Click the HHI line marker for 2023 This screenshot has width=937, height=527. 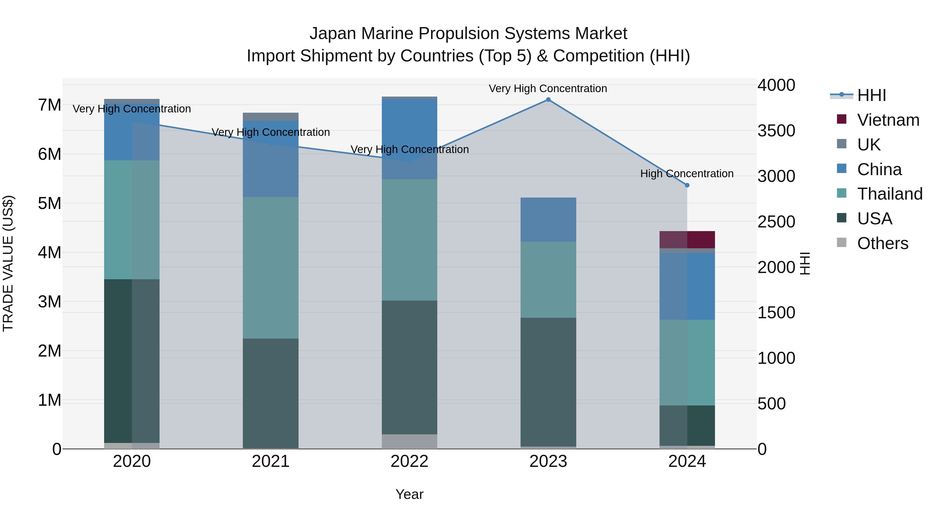click(548, 100)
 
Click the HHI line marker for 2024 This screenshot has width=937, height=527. click(687, 185)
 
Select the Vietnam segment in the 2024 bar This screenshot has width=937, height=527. click(687, 240)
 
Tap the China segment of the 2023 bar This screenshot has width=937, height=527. click(548, 220)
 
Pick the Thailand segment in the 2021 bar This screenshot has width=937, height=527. click(271, 268)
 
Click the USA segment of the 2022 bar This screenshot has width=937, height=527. click(409, 367)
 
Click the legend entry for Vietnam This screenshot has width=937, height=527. click(888, 120)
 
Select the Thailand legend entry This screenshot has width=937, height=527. click(889, 194)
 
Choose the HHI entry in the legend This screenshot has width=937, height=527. click(871, 95)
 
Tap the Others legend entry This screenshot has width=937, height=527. click(882, 243)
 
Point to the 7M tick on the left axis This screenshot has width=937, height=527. click(50, 105)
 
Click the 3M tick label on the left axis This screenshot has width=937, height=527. click(50, 302)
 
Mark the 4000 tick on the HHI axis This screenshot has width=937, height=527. click(776, 85)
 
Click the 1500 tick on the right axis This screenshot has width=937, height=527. click(776, 313)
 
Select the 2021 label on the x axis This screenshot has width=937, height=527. click(271, 461)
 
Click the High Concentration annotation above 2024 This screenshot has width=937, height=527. click(687, 174)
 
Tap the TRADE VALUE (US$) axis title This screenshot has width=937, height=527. click(8, 263)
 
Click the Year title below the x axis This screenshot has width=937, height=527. click(409, 494)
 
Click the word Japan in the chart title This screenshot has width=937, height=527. click(332, 34)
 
